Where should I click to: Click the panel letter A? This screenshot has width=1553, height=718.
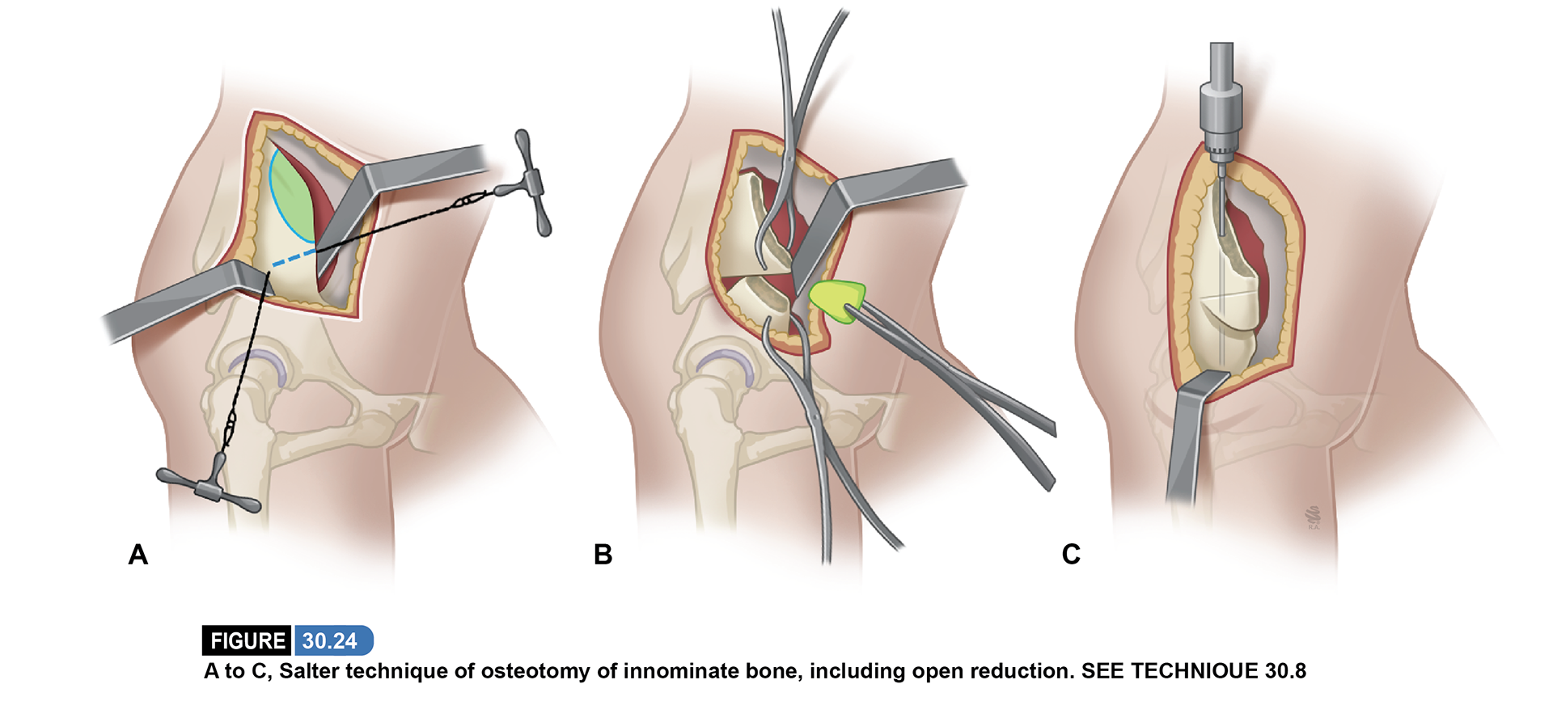[x=138, y=555]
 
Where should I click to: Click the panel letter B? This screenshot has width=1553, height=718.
[x=603, y=555]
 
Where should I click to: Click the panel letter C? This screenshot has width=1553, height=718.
[x=1071, y=555]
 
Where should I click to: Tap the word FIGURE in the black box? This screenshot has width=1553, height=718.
[x=248, y=641]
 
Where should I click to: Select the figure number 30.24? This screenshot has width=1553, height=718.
[x=330, y=641]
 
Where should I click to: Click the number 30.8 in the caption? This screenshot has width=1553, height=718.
[x=1285, y=671]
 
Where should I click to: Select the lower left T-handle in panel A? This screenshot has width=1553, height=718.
[x=210, y=488]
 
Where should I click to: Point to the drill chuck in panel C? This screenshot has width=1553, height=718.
[x=1221, y=121]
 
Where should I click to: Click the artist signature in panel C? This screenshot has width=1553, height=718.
[x=1313, y=518]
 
